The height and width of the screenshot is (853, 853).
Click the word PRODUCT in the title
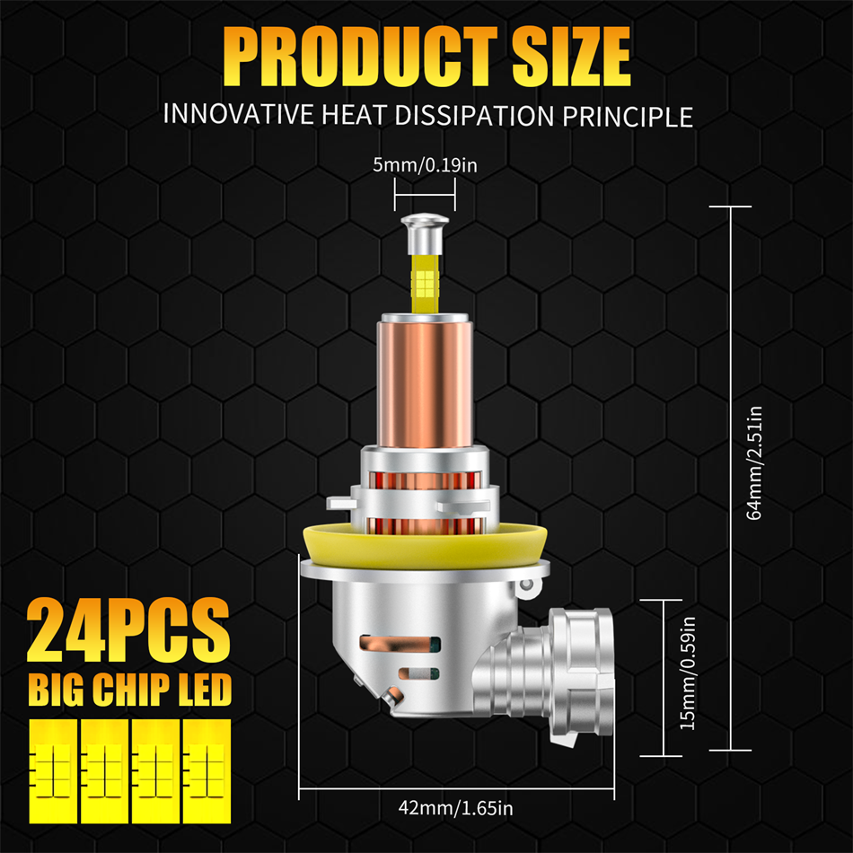tap(360, 57)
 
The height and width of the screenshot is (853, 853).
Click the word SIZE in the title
tap(571, 57)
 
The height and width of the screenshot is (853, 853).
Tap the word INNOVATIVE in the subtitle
tap(238, 114)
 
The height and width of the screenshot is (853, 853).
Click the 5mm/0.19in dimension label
tap(425, 165)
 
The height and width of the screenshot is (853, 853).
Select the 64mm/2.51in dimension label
tap(754, 463)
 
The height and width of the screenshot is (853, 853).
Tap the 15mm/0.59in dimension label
tap(688, 673)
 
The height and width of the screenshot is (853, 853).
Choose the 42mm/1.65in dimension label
tap(455, 808)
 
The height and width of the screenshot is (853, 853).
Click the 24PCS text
tap(128, 629)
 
